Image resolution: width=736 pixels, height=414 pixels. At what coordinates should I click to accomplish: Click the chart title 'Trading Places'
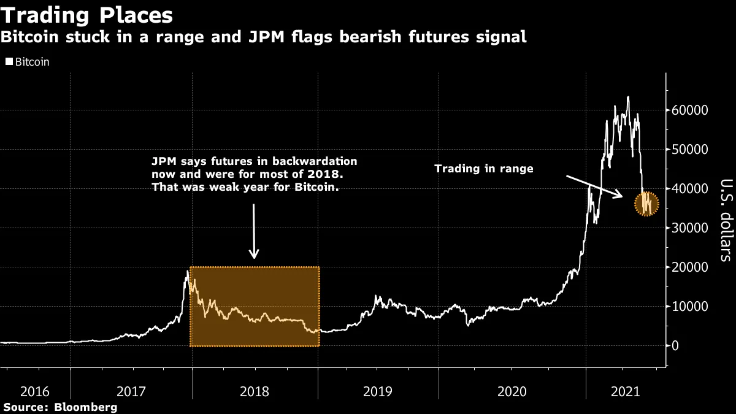pos(86,15)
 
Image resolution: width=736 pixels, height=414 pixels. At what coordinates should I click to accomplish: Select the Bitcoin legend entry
pos(28,62)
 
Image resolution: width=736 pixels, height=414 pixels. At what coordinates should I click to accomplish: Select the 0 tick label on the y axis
pos(675,346)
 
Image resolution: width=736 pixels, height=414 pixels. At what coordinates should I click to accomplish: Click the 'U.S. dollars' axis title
pos(724,220)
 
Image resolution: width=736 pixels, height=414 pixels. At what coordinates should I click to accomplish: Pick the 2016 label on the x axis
pos(34,390)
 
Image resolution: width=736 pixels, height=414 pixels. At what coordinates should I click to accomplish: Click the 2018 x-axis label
pos(255,390)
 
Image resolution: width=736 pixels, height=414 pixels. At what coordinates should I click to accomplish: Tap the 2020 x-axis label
pos(512,390)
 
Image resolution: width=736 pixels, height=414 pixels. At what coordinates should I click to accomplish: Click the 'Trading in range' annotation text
pos(483,169)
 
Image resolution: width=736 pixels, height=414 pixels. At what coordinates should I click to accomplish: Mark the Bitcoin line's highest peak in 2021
pos(627,97)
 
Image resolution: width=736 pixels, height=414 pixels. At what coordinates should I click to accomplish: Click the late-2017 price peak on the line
pos(187,271)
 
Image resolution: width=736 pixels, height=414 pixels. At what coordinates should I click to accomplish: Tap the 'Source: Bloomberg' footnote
pos(59,407)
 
